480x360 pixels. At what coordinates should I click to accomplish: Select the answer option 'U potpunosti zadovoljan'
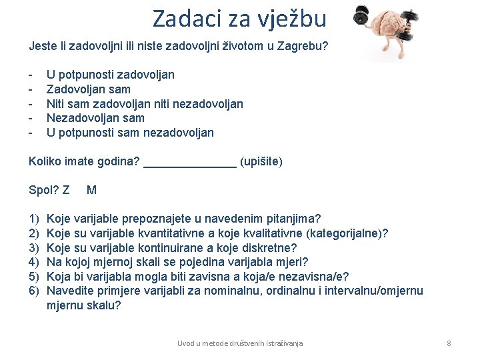(110, 74)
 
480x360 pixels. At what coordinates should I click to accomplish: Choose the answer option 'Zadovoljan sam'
(88, 89)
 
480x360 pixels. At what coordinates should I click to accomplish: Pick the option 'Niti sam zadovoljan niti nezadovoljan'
(144, 103)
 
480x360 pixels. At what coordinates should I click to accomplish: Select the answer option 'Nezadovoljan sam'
(95, 118)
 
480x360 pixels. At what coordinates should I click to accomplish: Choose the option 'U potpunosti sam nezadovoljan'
(130, 133)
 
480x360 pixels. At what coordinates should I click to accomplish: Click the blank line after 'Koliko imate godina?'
(190, 162)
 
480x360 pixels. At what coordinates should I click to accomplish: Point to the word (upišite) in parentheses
(261, 161)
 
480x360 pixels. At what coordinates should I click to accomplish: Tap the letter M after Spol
(91, 190)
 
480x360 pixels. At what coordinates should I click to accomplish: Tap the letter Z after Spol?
(65, 190)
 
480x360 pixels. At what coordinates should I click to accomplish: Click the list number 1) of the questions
(34, 219)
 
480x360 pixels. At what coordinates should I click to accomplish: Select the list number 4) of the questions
(34, 262)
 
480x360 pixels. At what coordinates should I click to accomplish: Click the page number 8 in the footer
(449, 343)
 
